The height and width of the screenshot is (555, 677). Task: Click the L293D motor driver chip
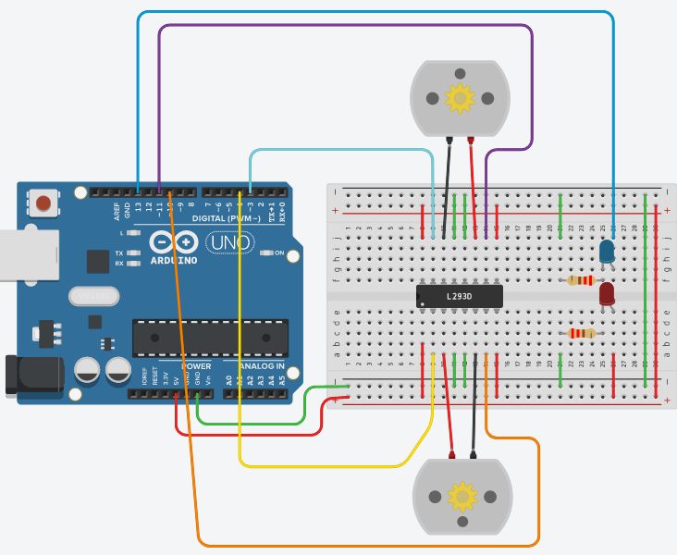459,296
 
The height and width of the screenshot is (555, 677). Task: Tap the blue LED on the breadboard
607,251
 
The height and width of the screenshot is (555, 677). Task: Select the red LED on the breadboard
607,294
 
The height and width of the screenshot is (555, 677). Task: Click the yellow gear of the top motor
460,97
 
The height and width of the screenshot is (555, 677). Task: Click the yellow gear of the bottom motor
462,497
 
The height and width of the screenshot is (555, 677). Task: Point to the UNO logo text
228,242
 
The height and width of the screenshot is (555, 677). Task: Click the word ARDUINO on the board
174,261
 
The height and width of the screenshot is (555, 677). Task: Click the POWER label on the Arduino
196,366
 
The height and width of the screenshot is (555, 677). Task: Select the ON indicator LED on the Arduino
265,253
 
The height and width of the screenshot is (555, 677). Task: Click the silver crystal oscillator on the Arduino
93,296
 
